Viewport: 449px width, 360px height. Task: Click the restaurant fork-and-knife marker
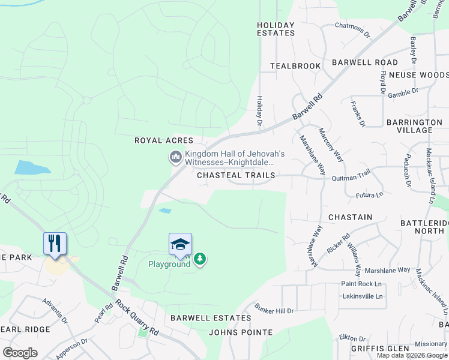(x=55, y=244)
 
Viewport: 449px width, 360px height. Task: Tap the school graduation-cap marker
(x=180, y=244)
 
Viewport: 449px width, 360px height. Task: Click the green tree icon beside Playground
(x=200, y=259)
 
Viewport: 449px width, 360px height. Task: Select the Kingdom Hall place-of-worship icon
(x=175, y=158)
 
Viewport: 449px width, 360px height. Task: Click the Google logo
(x=20, y=353)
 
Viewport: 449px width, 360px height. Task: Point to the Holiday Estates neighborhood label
(x=276, y=29)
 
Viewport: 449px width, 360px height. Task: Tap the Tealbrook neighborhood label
(x=295, y=65)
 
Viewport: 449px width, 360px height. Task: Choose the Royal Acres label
(x=164, y=140)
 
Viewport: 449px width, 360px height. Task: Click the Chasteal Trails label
(x=236, y=175)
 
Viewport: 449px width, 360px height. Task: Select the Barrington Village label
(x=414, y=126)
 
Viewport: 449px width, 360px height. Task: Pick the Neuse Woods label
(x=418, y=75)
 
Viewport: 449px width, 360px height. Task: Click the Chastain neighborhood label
(x=350, y=217)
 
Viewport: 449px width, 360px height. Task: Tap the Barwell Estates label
(x=211, y=318)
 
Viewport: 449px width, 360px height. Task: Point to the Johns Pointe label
(x=241, y=332)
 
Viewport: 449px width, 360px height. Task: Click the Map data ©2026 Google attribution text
(x=412, y=355)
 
